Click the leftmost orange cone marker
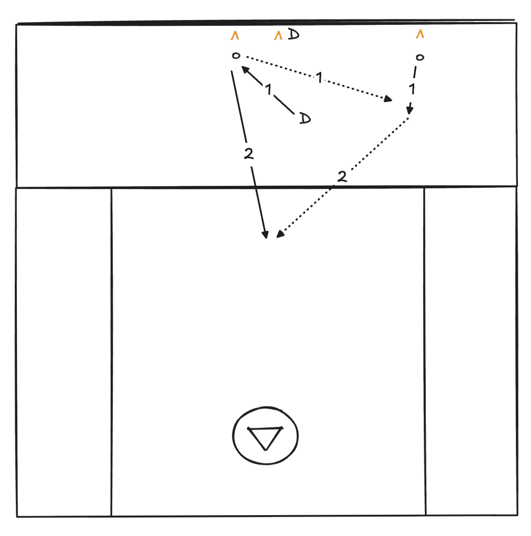[x=235, y=36]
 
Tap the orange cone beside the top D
[x=278, y=36]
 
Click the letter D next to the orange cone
[x=293, y=34]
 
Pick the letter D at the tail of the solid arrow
[x=305, y=119]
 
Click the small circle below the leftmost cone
[x=236, y=56]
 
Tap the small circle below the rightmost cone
[x=420, y=57]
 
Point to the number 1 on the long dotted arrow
[x=319, y=77]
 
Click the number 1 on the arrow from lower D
[x=268, y=89]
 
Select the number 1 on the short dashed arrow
[x=412, y=89]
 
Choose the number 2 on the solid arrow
[x=249, y=153]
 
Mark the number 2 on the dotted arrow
[x=342, y=176]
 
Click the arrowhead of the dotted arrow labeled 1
[x=388, y=99]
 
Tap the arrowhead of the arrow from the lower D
[x=245, y=70]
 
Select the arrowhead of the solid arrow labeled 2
[x=265, y=234]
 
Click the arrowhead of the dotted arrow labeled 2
[x=280, y=234]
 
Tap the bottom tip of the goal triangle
[x=265, y=450]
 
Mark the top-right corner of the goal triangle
[x=282, y=427]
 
